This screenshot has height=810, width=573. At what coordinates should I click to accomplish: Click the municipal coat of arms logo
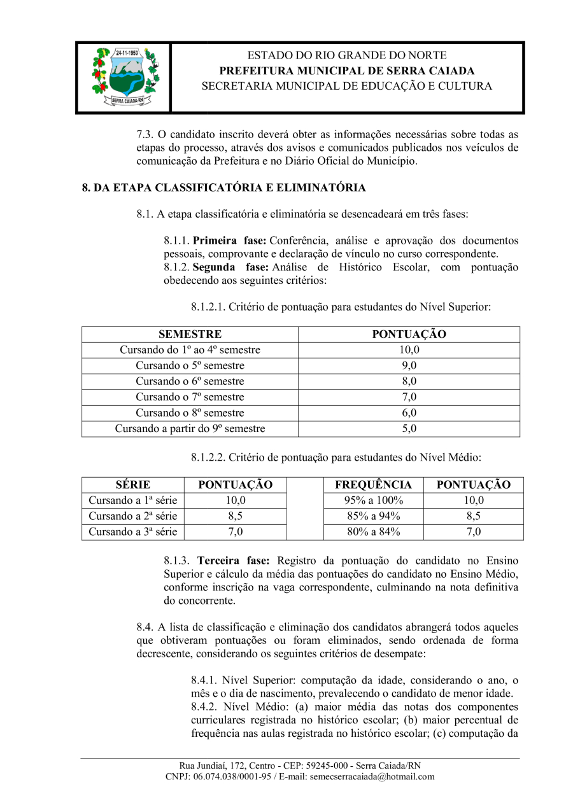[124, 76]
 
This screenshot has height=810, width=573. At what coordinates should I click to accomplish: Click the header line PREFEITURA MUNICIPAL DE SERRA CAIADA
[347, 71]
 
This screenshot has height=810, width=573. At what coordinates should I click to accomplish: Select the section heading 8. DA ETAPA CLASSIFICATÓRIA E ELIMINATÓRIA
[223, 188]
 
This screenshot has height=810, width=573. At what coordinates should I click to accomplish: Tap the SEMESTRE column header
[190, 334]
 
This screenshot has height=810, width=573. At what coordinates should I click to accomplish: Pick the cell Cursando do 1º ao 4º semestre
[190, 350]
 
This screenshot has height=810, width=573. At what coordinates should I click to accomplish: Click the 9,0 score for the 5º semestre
[409, 366]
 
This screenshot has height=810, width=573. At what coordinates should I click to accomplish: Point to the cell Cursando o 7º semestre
[190, 397]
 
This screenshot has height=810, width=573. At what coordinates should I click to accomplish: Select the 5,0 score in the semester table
[409, 429]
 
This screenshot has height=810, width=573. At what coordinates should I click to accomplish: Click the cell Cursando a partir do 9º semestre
[190, 429]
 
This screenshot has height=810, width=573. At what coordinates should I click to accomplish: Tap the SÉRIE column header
[133, 485]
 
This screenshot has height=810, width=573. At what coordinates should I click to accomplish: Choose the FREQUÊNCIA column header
[373, 485]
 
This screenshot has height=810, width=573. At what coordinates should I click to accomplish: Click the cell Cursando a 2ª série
[132, 516]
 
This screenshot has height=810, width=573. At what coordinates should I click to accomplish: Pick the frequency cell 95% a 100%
[373, 501]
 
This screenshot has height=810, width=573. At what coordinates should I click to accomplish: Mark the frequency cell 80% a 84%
[373, 532]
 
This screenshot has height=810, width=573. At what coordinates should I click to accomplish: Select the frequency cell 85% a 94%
[373, 516]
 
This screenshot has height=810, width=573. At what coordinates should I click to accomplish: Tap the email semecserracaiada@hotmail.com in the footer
[372, 777]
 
